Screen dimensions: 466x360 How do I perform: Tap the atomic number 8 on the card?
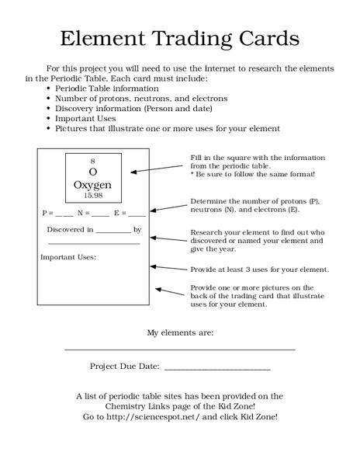tap(92, 159)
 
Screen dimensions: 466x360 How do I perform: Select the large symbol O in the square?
tap(92, 171)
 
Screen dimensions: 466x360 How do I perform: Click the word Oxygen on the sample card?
tap(92, 185)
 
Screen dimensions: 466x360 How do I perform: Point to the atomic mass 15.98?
tap(92, 196)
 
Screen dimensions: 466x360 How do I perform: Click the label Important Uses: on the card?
tap(68, 257)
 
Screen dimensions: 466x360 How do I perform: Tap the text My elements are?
tap(180, 332)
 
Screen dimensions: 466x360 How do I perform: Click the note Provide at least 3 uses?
tap(259, 270)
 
